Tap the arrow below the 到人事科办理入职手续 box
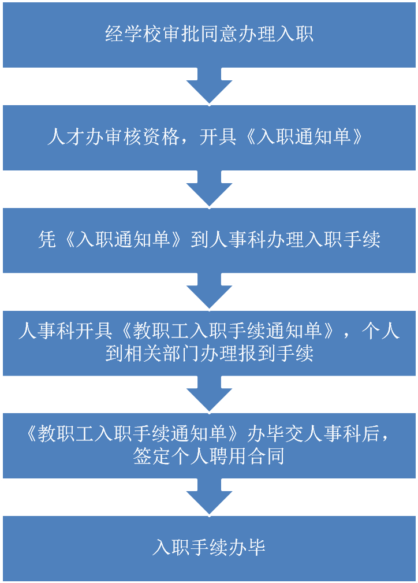(209, 291)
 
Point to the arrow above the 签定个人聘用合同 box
(209, 394)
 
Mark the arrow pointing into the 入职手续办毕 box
(209, 497)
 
